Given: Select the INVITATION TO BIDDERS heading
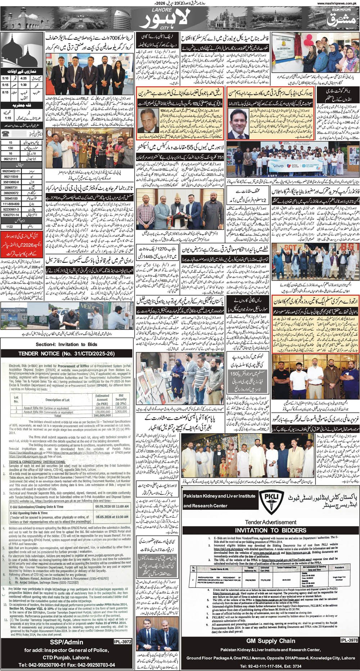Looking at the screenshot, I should pos(271,530).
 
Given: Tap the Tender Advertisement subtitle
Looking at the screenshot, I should pos(271,522).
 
